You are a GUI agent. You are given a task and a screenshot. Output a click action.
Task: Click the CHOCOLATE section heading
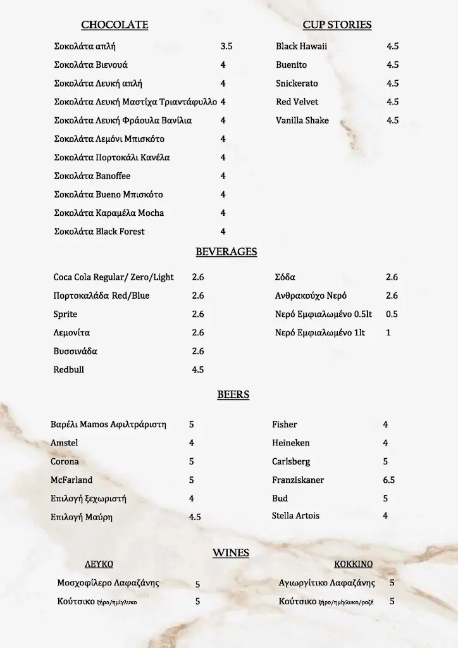click(114, 25)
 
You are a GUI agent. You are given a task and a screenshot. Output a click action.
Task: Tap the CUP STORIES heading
click(337, 25)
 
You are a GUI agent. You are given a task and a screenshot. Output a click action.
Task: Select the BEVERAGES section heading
click(226, 252)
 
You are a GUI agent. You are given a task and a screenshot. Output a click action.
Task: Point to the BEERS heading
click(233, 395)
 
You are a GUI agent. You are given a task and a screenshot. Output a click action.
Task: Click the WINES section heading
click(230, 553)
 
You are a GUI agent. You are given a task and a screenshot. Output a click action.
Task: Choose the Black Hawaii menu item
click(301, 47)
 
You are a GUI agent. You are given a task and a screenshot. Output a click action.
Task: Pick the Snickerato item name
click(297, 84)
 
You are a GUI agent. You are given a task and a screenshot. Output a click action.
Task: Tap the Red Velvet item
click(297, 102)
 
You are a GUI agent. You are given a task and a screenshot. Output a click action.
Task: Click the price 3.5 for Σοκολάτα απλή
click(226, 47)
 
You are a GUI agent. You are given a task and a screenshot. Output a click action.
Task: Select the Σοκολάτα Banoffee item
click(92, 176)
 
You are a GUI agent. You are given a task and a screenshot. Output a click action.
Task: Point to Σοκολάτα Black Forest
click(99, 232)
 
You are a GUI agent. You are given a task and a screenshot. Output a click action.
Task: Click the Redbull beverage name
click(68, 370)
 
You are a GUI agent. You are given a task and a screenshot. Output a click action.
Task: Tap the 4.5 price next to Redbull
click(197, 370)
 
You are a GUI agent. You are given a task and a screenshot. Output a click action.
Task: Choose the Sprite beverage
click(65, 315)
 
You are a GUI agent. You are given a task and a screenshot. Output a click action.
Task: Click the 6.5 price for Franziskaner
click(388, 480)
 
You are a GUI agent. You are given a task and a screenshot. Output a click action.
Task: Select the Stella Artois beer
click(295, 516)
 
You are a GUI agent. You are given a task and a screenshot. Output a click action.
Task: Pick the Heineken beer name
click(290, 443)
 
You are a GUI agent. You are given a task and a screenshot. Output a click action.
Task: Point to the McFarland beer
click(71, 480)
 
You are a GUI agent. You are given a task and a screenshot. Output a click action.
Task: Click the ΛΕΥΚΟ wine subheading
click(99, 564)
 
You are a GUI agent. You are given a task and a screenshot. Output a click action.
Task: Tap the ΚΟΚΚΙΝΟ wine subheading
click(353, 564)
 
